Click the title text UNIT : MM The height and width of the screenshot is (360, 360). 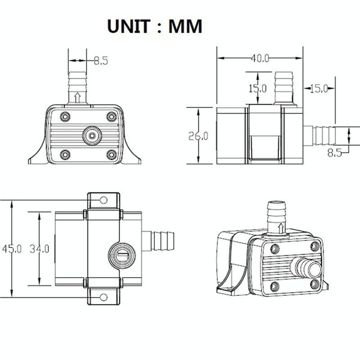click(x=154, y=26)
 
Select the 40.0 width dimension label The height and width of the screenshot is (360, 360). click(x=260, y=58)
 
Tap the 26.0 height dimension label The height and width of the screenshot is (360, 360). click(x=198, y=136)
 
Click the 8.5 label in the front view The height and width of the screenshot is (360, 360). click(x=100, y=59)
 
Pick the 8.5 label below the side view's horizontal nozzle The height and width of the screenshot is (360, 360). click(x=334, y=152)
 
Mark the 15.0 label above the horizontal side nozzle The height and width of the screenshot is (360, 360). click(x=317, y=89)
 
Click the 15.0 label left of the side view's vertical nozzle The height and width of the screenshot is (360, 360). click(x=257, y=89)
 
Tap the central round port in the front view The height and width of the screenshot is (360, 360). click(x=91, y=136)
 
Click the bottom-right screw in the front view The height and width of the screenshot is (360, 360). click(x=112, y=155)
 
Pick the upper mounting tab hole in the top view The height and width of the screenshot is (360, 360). click(x=103, y=200)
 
